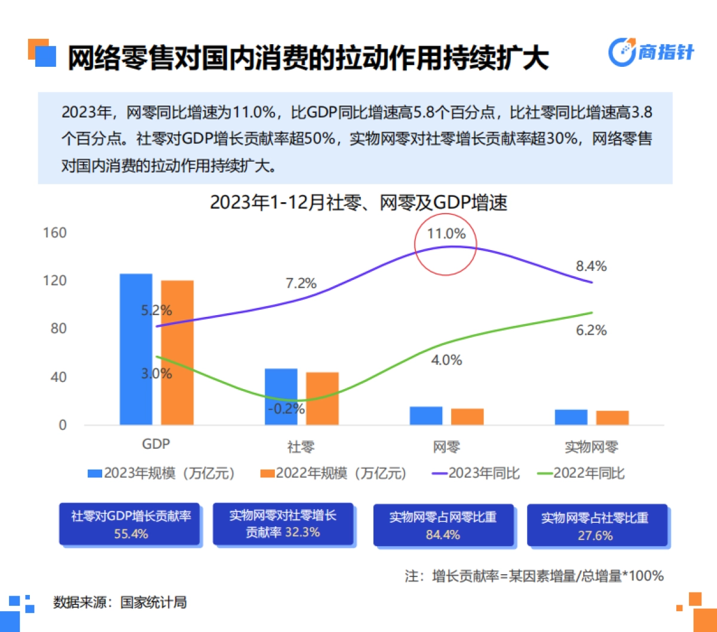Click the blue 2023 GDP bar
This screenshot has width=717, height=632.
pos(136,349)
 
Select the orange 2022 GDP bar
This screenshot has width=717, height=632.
pos(177,353)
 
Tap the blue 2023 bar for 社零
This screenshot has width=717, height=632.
pos(281,397)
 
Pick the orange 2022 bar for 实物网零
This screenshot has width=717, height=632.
pos(612,418)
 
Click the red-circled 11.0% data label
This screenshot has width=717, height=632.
pos(446,233)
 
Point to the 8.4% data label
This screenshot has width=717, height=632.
pos(591,266)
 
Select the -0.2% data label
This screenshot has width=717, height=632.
pos(286,409)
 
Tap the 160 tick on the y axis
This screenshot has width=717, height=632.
pos(54,233)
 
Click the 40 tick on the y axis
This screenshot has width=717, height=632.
pos(59,377)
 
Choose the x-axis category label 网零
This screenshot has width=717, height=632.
pos(446,446)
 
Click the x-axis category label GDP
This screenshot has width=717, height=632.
pos(156,445)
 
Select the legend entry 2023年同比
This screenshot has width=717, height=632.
pos(475,473)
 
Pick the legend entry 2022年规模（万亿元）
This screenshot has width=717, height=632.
pos(334,473)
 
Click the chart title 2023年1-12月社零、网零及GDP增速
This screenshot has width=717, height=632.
pos(358,203)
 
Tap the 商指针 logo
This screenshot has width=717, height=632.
pos(651,53)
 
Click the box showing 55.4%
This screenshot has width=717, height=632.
pos(130,524)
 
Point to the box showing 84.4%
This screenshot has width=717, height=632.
pos(443,525)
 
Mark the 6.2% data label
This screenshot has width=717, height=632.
pos(591,330)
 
